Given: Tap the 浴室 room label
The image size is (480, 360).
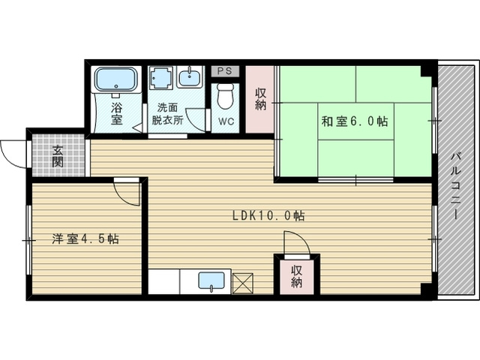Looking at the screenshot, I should click(x=117, y=113).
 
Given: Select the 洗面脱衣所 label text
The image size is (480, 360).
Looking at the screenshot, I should click(x=168, y=113).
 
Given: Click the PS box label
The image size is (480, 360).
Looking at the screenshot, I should click(x=224, y=71).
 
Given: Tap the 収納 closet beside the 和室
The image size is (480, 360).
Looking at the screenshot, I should click(x=260, y=100).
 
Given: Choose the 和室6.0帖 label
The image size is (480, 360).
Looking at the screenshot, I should click(x=355, y=121).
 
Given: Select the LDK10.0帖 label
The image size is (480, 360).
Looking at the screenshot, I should click(x=268, y=216).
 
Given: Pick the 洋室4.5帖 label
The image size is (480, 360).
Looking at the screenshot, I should click(x=85, y=239).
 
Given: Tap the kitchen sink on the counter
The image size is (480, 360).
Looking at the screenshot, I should click(x=211, y=281).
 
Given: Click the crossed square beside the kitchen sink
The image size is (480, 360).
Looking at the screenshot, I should click(x=244, y=282).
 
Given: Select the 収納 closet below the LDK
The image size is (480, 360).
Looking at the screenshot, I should click(x=297, y=276).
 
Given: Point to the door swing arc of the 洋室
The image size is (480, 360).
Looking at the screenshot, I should click(x=127, y=193).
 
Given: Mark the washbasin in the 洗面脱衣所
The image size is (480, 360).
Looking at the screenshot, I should click(x=191, y=77).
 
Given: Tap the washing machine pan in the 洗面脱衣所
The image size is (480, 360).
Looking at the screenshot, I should click(x=160, y=78).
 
